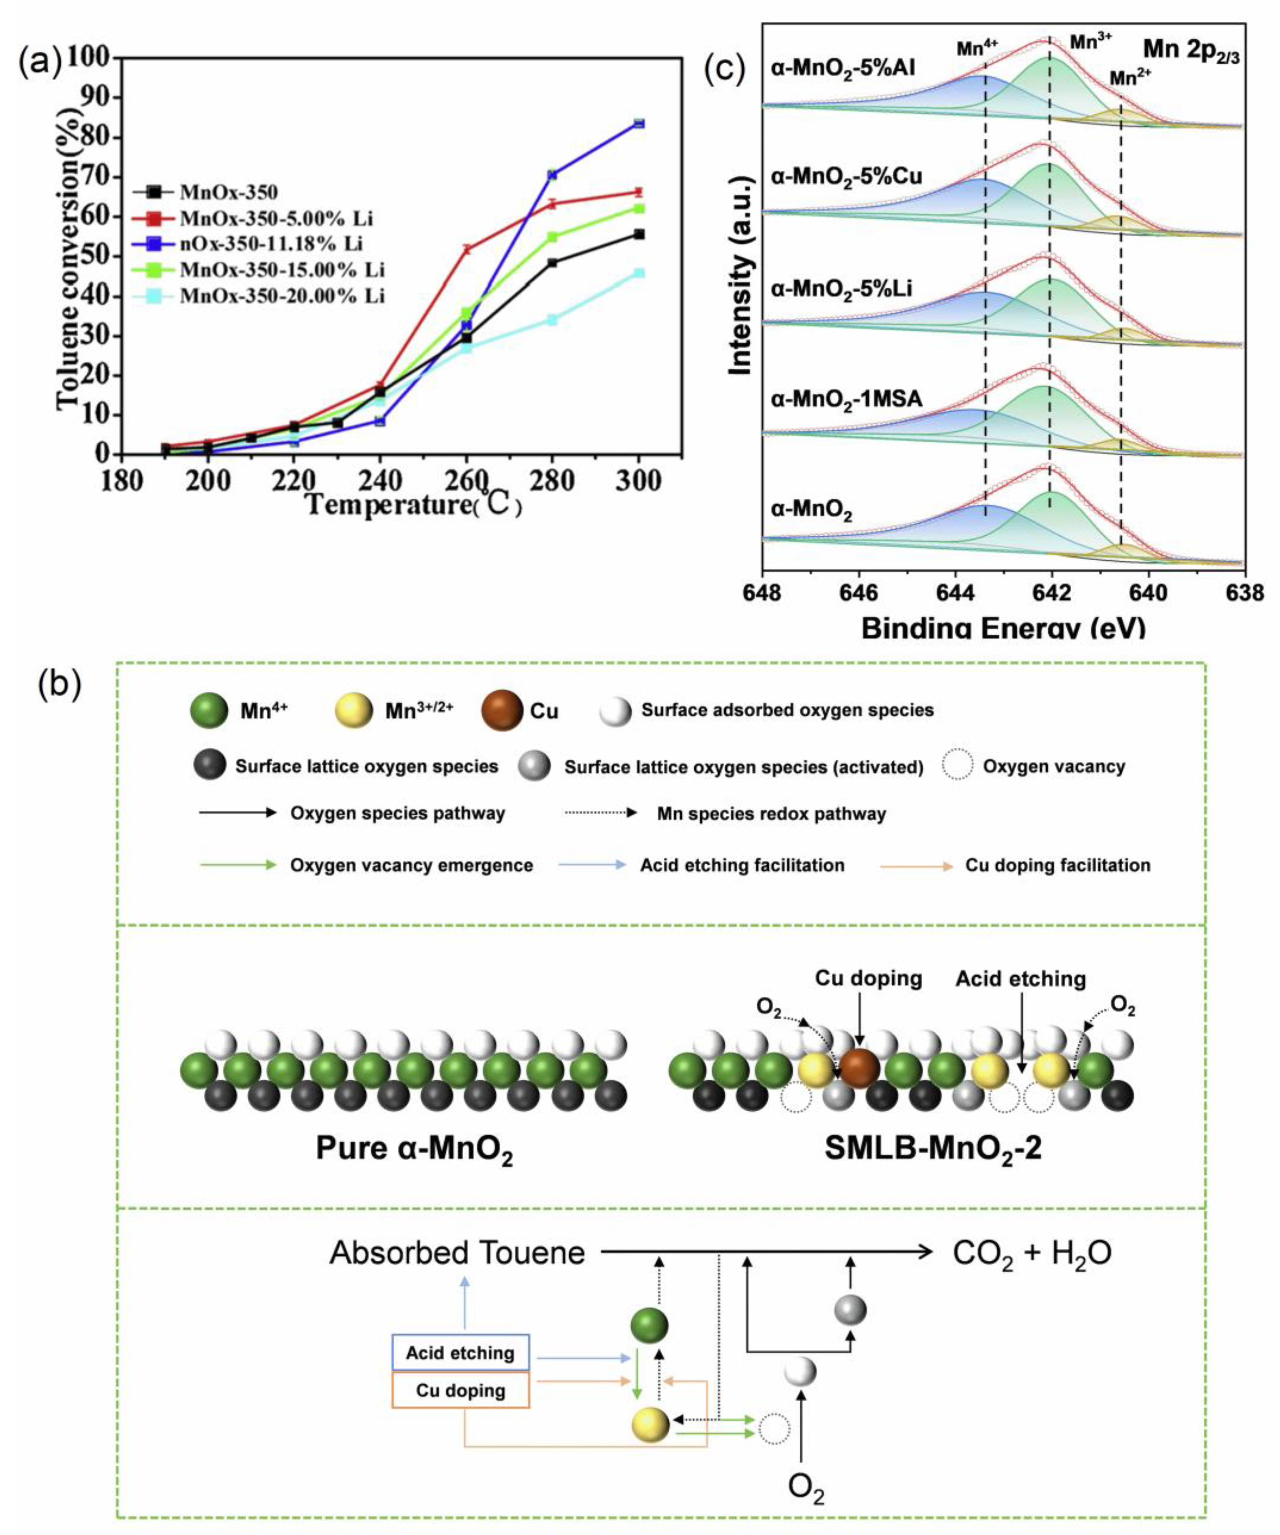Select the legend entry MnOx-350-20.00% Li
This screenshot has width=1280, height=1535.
281,296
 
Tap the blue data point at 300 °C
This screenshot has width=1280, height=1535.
639,123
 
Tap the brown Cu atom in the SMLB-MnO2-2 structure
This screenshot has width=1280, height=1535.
860,1068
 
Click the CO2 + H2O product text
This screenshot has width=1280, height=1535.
1031,1253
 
